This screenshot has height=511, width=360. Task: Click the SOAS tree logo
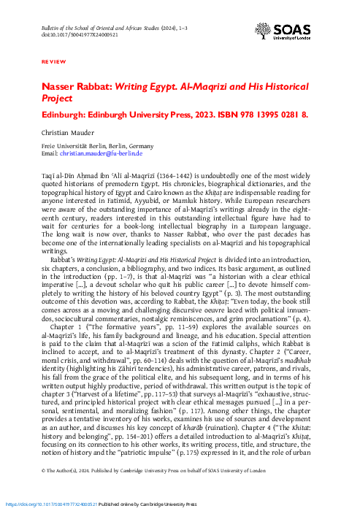pos(262,31)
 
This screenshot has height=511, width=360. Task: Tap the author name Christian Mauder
pos(65,134)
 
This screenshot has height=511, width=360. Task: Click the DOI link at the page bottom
pos(48,504)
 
